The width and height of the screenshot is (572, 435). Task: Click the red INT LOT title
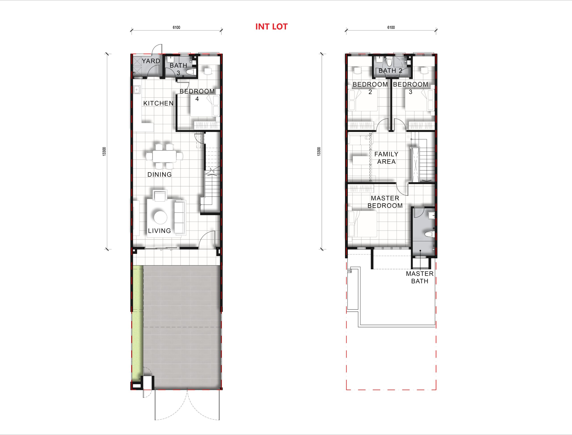pyautogui.click(x=271, y=27)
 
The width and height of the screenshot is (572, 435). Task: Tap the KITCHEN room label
pyautogui.click(x=158, y=103)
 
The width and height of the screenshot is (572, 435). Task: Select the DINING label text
pyautogui.click(x=159, y=175)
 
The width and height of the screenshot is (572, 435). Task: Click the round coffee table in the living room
pyautogui.click(x=161, y=217)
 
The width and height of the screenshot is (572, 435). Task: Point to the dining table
pyautogui.click(x=164, y=156)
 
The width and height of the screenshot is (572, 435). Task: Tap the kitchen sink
pyautogui.click(x=137, y=90)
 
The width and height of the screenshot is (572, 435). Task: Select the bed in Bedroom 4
pyautogui.click(x=205, y=106)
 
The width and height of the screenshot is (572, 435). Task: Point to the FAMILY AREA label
pyautogui.click(x=386, y=158)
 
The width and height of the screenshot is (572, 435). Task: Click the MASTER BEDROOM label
pyautogui.click(x=385, y=202)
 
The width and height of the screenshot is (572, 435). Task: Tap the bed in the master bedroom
pyautogui.click(x=363, y=224)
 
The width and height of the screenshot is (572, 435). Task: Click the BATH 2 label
pyautogui.click(x=390, y=70)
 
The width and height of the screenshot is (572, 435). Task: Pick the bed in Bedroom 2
pyautogui.click(x=363, y=100)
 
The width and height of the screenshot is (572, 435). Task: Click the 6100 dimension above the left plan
pyautogui.click(x=177, y=27)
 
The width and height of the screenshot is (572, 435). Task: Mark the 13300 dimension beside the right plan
pyautogui.click(x=319, y=151)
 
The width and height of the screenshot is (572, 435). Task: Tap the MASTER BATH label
pyautogui.click(x=420, y=277)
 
